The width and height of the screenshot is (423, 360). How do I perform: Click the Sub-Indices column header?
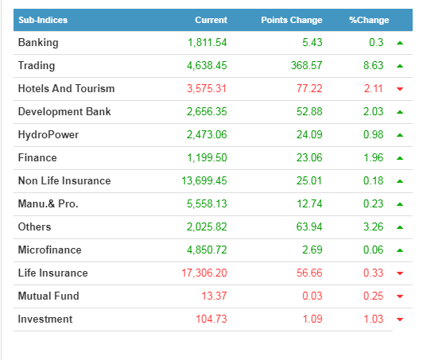pyautogui.click(x=43, y=20)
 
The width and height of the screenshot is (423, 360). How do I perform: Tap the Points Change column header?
pyautogui.click(x=292, y=20)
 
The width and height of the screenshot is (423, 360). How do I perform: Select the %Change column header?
pyautogui.click(x=369, y=20)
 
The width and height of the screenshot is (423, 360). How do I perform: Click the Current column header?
pyautogui.click(x=211, y=20)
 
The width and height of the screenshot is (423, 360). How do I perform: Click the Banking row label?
pyautogui.click(x=38, y=43)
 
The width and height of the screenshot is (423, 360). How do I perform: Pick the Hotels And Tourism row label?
pyautogui.click(x=66, y=88)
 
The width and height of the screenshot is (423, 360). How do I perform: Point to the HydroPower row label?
pyautogui.click(x=49, y=134)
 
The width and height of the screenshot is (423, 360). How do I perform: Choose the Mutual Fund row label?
pyautogui.click(x=49, y=296)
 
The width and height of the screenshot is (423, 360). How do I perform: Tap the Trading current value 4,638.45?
pyautogui.click(x=207, y=65)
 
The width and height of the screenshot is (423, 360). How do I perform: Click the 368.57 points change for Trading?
pyautogui.click(x=307, y=65)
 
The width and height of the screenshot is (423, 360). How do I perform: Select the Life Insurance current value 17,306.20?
pyautogui.click(x=204, y=273)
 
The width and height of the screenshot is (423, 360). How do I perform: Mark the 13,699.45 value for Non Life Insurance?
pyautogui.click(x=204, y=180)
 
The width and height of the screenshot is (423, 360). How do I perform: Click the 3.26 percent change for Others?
pyautogui.click(x=374, y=226)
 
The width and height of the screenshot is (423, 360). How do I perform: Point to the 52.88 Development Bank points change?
pyautogui.click(x=309, y=111)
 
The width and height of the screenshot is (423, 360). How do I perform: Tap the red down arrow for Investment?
pyautogui.click(x=400, y=319)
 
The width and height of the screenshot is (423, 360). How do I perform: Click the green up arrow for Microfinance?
pyautogui.click(x=400, y=250)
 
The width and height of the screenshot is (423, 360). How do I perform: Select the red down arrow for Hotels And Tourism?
pyautogui.click(x=400, y=89)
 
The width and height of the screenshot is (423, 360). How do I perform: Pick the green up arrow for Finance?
pyautogui.click(x=400, y=158)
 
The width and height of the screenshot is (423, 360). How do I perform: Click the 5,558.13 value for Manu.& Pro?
pyautogui.click(x=207, y=204)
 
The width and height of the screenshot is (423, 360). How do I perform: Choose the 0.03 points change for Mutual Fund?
pyautogui.click(x=312, y=296)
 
